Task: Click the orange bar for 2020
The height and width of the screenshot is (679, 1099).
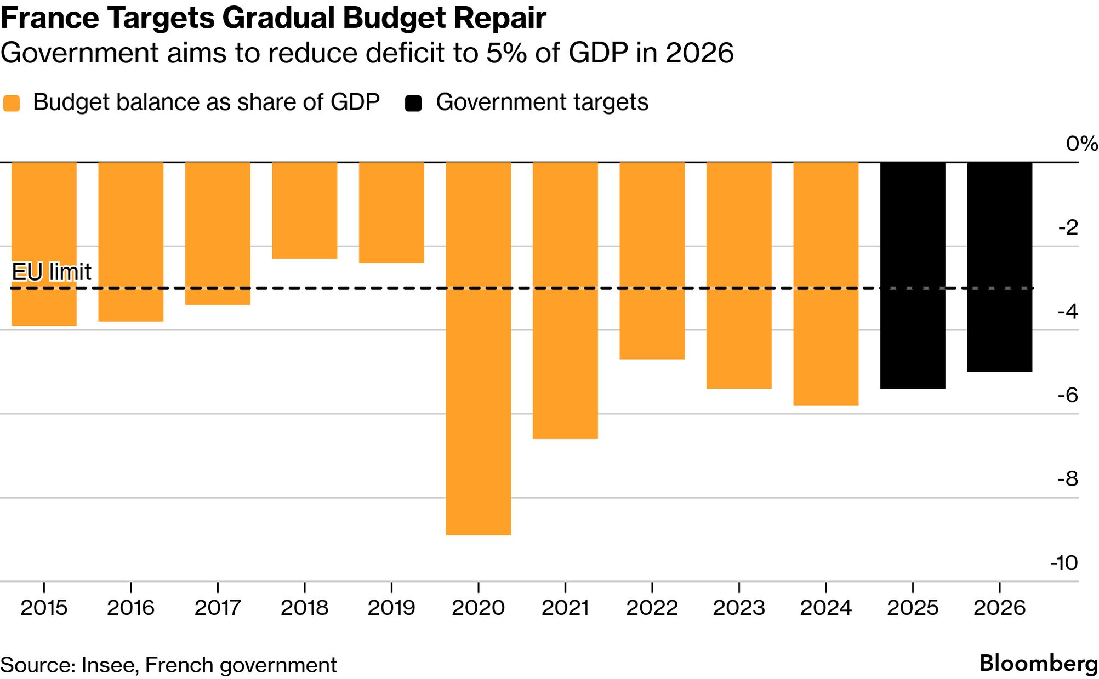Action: coord(478,348)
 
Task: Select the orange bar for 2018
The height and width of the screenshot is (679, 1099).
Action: coord(304,210)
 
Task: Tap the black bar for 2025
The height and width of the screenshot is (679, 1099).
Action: coord(913,275)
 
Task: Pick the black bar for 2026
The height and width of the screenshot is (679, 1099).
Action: coord(999,267)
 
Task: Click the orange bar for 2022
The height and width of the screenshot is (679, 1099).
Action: coord(652,260)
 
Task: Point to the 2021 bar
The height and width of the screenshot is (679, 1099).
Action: coord(565,300)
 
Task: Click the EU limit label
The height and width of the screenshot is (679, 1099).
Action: coord(52,272)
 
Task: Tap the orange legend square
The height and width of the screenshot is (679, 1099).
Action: coord(12,103)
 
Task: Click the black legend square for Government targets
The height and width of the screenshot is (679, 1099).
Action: coord(413,103)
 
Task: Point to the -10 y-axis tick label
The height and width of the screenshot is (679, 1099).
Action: coord(1064,563)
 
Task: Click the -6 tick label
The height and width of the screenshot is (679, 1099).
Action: coord(1068,395)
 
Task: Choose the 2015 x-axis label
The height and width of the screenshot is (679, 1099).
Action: coord(44,608)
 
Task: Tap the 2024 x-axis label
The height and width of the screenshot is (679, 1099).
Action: coord(825,608)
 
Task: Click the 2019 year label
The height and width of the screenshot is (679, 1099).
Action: coord(391,608)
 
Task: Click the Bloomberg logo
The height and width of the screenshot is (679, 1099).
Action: coord(1038,664)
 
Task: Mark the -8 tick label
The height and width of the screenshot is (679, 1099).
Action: coord(1068,479)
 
